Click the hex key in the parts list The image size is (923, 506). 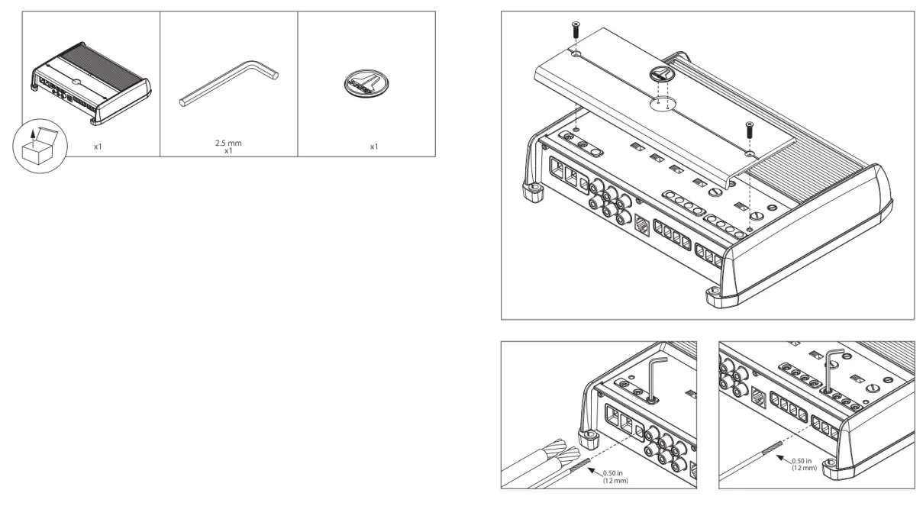pyautogui.click(x=229, y=84)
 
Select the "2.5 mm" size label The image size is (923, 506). pyautogui.click(x=228, y=143)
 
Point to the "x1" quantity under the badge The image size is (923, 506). pyautogui.click(x=374, y=147)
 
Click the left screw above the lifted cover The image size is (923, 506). pyautogui.click(x=575, y=32)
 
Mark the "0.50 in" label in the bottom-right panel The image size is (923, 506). pyautogui.click(x=804, y=460)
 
